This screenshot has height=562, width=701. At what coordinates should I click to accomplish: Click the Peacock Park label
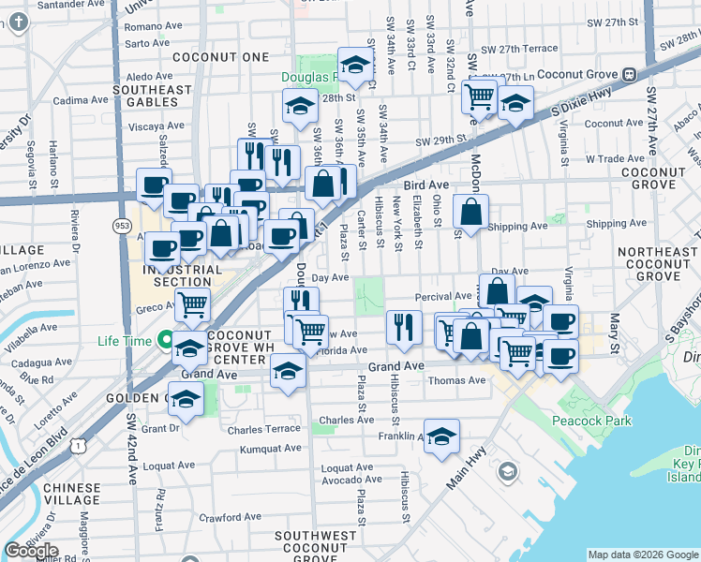(x=592, y=421)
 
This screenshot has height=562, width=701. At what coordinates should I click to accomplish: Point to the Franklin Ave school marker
(x=441, y=436)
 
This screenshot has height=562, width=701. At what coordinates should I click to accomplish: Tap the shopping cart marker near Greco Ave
(x=192, y=303)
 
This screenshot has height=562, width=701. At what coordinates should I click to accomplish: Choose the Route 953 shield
(x=122, y=226)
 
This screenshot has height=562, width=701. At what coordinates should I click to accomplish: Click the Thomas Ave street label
(x=456, y=380)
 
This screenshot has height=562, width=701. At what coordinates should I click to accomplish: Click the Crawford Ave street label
(x=230, y=516)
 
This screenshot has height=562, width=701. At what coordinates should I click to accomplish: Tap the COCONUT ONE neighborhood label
(x=229, y=57)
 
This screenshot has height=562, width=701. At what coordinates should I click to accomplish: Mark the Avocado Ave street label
(x=350, y=480)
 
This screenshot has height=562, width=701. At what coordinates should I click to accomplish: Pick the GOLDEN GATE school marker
(x=186, y=401)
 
